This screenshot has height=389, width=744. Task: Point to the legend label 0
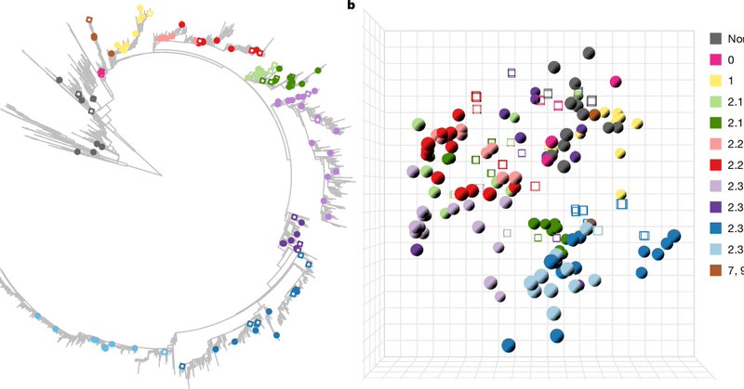pyautogui.click(x=733, y=60)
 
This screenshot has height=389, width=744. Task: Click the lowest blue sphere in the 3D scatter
pyautogui.click(x=509, y=346)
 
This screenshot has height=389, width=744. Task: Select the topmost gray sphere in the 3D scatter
pyautogui.click(x=589, y=55)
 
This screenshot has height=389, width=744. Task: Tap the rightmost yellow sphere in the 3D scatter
pyautogui.click(x=637, y=123)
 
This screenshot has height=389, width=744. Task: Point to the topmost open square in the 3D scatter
pyautogui.click(x=511, y=72)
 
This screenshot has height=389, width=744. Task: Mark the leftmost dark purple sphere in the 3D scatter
pyautogui.click(x=417, y=249)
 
